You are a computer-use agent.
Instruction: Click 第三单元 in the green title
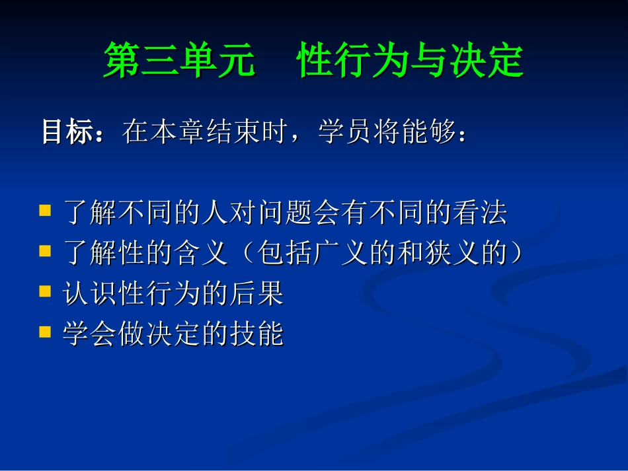[179, 61]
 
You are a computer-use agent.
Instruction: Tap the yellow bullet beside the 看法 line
[45, 212]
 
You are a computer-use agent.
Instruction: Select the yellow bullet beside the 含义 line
[45, 252]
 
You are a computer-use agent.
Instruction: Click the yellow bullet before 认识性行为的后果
[45, 292]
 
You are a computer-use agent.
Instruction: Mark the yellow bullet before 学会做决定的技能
[45, 332]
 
